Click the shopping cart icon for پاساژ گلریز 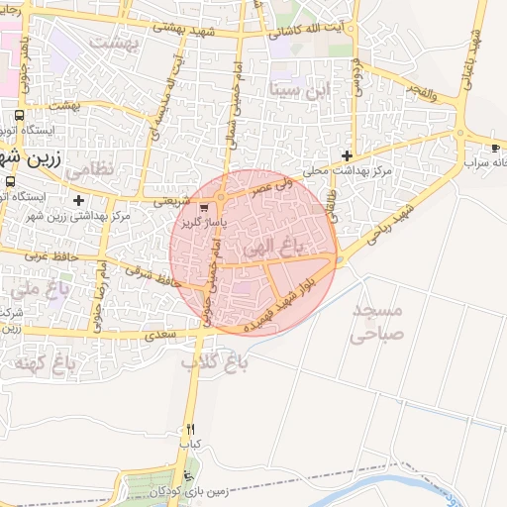click(204, 208)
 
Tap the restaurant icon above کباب click(189, 430)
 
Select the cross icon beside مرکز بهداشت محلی click(347, 155)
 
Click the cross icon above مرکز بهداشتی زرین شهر click(78, 201)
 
